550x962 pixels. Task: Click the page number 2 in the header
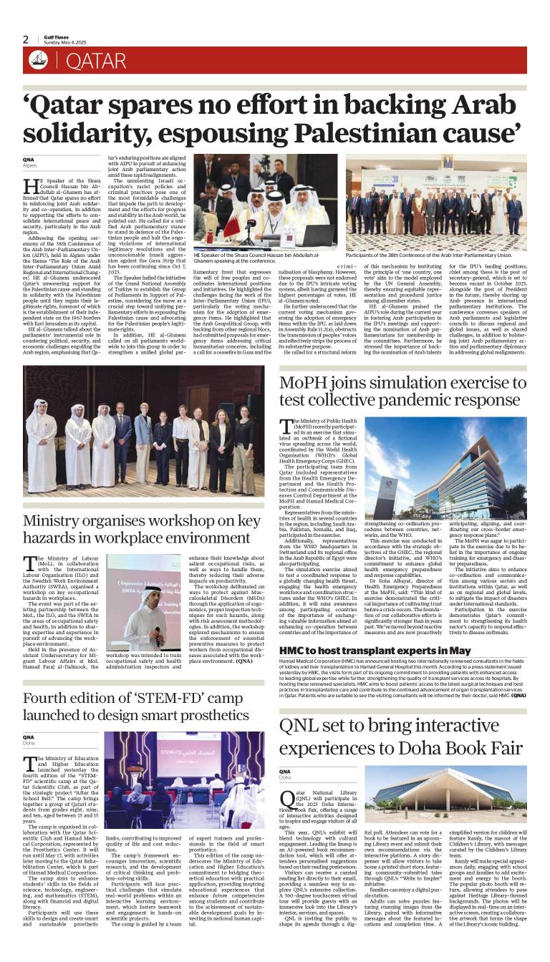[x=26, y=39]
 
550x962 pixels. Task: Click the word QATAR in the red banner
[x=96, y=62]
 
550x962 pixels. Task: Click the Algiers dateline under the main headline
[x=29, y=165]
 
